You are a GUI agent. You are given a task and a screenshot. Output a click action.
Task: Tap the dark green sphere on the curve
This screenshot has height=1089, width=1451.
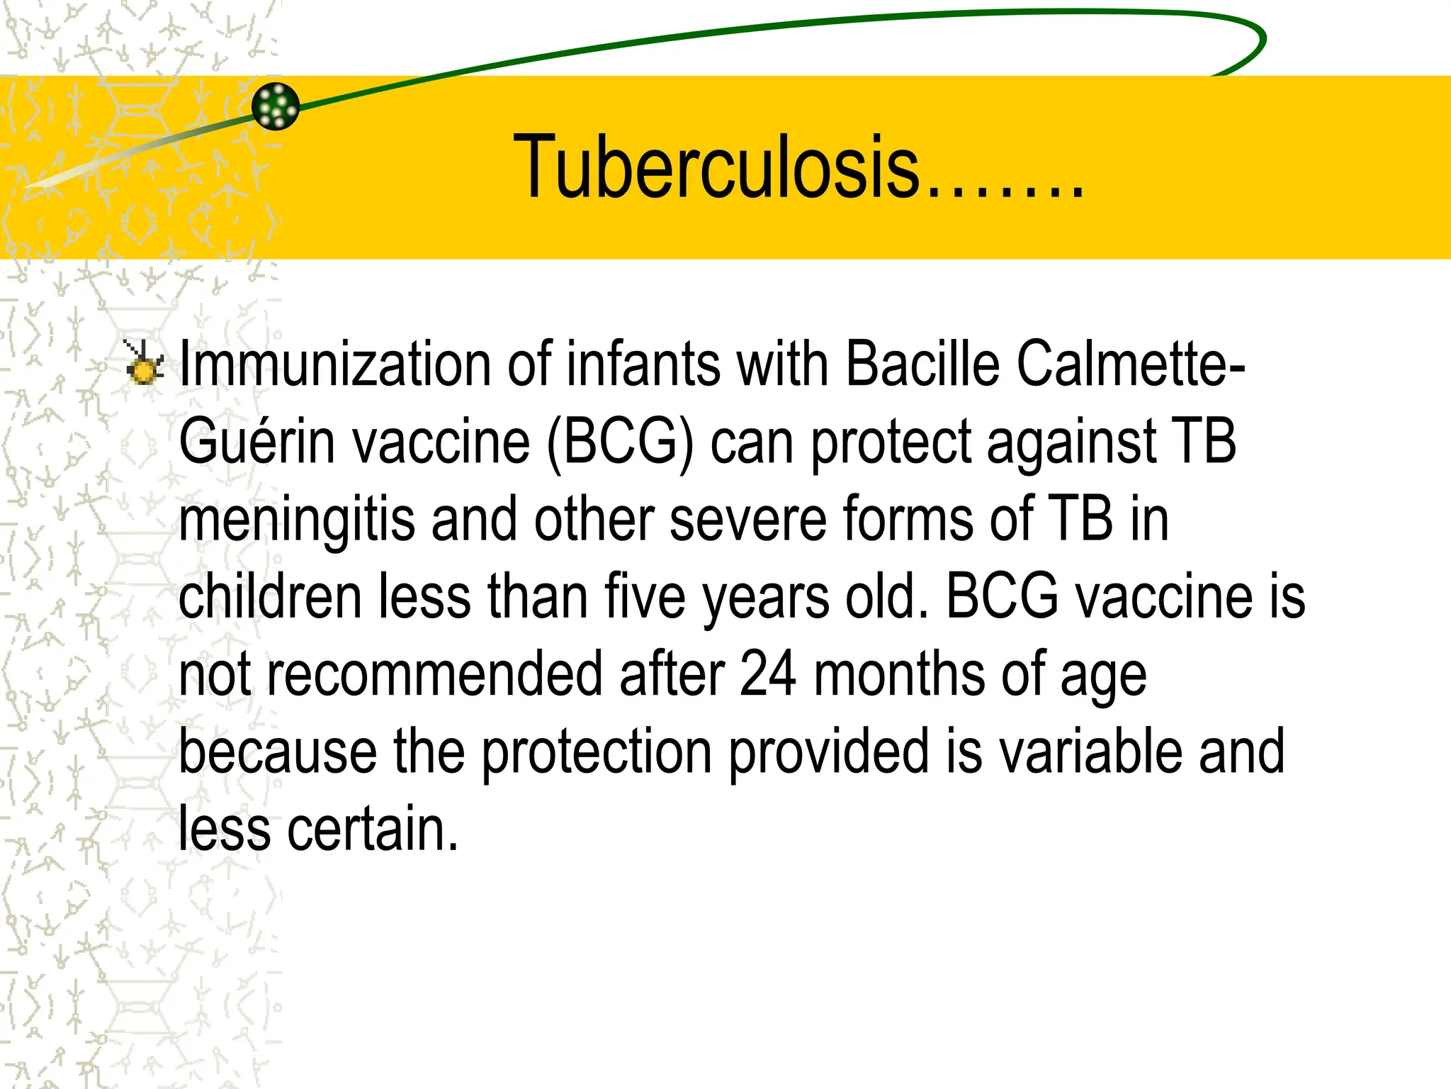276,106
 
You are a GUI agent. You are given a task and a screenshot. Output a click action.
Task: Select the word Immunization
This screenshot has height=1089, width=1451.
335,364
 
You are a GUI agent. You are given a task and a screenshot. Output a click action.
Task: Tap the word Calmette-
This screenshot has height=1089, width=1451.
1131,364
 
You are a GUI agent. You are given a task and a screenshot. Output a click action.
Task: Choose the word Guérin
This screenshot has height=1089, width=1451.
256,442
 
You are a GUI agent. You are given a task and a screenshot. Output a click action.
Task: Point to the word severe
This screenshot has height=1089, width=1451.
747,520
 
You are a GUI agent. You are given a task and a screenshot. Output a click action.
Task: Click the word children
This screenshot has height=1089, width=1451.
270,596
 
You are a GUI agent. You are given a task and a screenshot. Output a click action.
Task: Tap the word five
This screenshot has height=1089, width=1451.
645,596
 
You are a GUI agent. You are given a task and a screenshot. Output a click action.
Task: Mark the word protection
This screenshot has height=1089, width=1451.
597,753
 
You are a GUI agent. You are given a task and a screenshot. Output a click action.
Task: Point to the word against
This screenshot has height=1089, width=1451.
1071,443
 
